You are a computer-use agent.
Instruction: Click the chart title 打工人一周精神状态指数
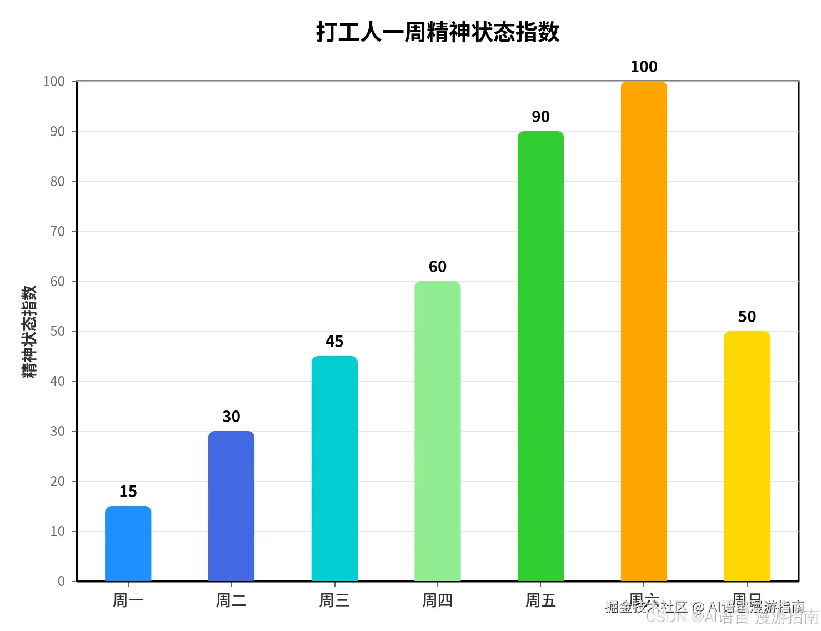438,32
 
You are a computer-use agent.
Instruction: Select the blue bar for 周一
128,544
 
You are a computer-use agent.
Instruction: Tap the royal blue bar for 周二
231,506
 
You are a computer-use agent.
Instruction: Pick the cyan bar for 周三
334,469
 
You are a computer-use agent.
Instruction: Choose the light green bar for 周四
438,431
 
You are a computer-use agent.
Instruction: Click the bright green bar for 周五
540,356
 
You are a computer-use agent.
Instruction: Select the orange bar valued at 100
644,331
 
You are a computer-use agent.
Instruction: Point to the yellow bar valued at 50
747,456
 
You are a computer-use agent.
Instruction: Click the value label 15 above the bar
128,492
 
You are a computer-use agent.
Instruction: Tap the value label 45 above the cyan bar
334,342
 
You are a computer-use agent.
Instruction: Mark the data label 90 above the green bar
540,117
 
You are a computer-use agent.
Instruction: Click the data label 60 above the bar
438,267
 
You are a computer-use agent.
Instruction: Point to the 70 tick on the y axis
58,232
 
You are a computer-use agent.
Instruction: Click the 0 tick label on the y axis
61,582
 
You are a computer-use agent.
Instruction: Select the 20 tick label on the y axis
58,482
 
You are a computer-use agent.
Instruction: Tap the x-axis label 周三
334,600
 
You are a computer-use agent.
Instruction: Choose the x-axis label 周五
540,600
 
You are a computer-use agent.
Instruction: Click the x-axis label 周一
128,600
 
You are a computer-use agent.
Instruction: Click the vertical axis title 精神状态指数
29,332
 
